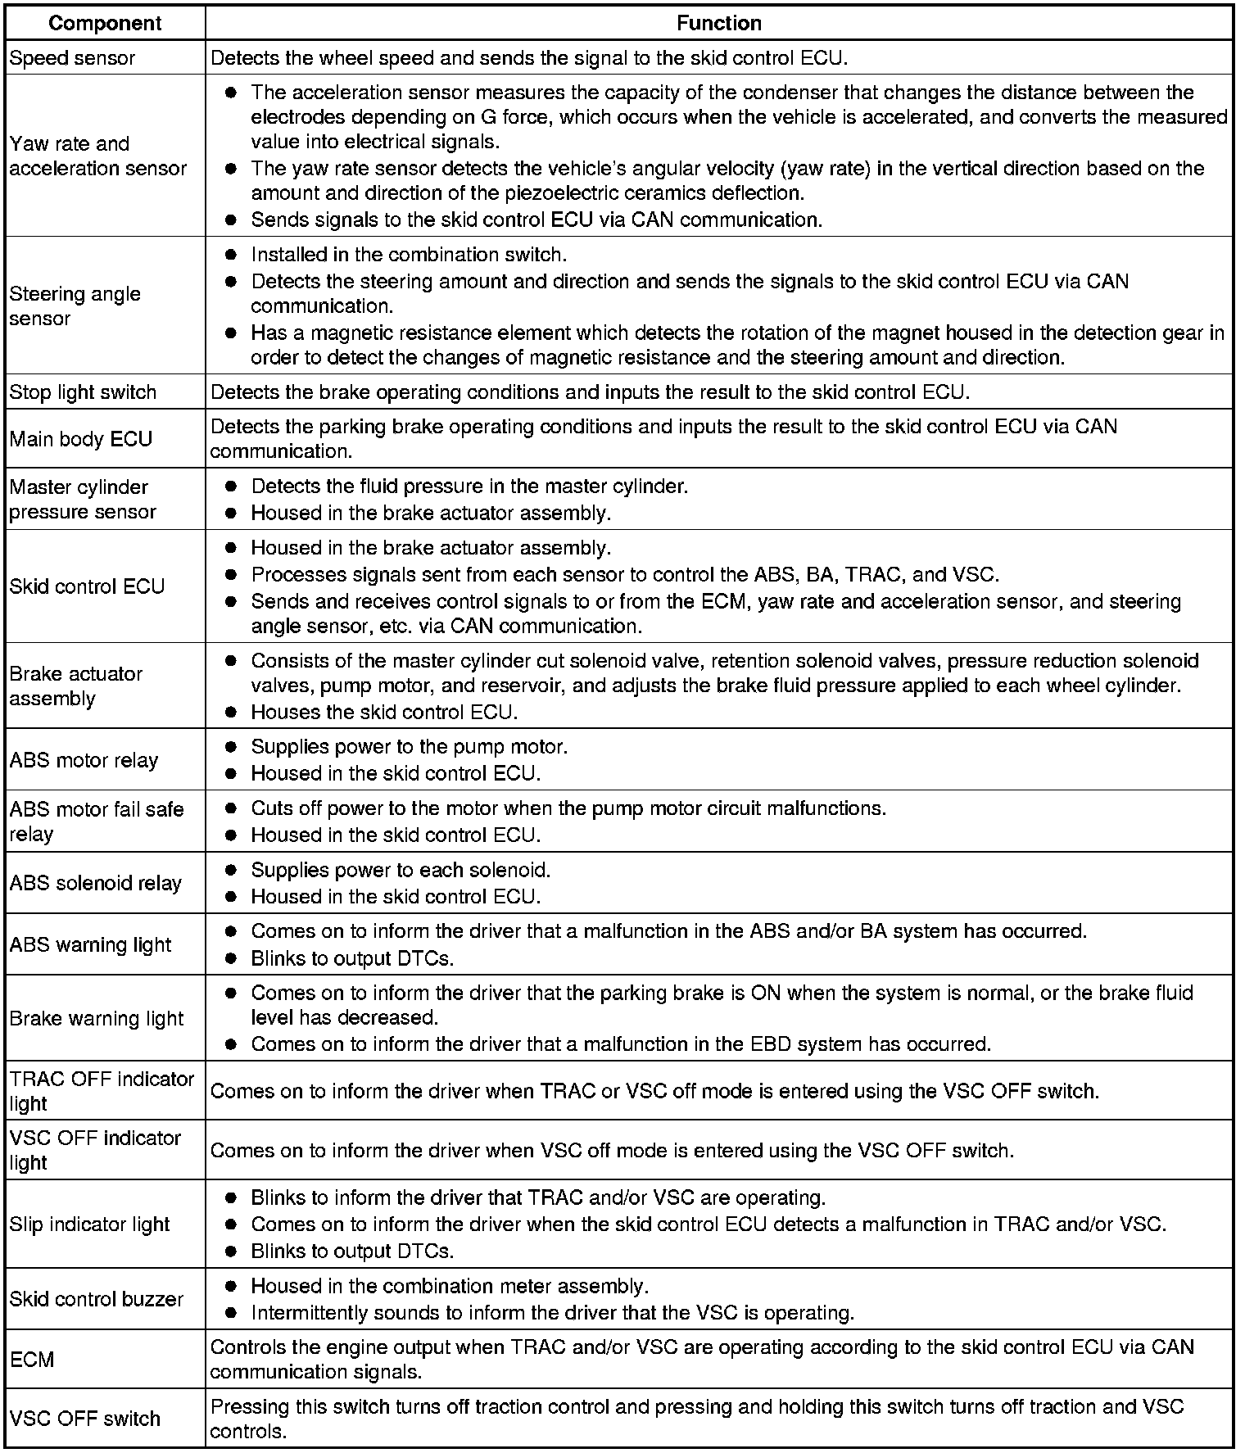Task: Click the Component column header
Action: tap(106, 23)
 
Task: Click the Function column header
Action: tap(718, 23)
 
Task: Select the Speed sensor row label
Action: tap(72, 58)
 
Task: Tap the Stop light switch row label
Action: tap(83, 392)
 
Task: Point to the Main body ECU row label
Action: tap(81, 439)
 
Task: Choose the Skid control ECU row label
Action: tap(87, 586)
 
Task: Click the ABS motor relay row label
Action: tap(84, 760)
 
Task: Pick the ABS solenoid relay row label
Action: tap(95, 883)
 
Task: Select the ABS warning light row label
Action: tap(90, 944)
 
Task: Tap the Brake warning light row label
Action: tap(97, 1019)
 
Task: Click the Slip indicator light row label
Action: tap(89, 1224)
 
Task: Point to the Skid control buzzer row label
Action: tap(97, 1299)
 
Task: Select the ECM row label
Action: tap(32, 1360)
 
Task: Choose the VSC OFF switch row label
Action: tap(84, 1419)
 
